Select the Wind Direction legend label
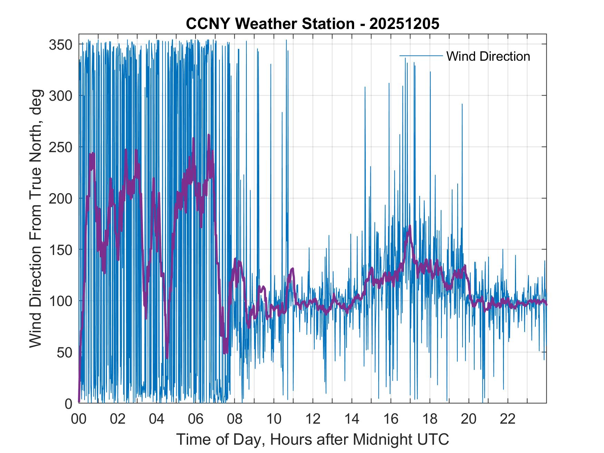click(x=488, y=56)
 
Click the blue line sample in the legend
click(x=421, y=56)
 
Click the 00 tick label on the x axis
click(x=79, y=419)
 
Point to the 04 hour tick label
click(x=157, y=419)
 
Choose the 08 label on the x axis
click(x=235, y=419)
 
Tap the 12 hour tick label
click(x=313, y=419)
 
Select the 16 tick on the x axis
click(x=391, y=419)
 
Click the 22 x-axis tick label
click(x=508, y=419)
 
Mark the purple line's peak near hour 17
click(x=410, y=226)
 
